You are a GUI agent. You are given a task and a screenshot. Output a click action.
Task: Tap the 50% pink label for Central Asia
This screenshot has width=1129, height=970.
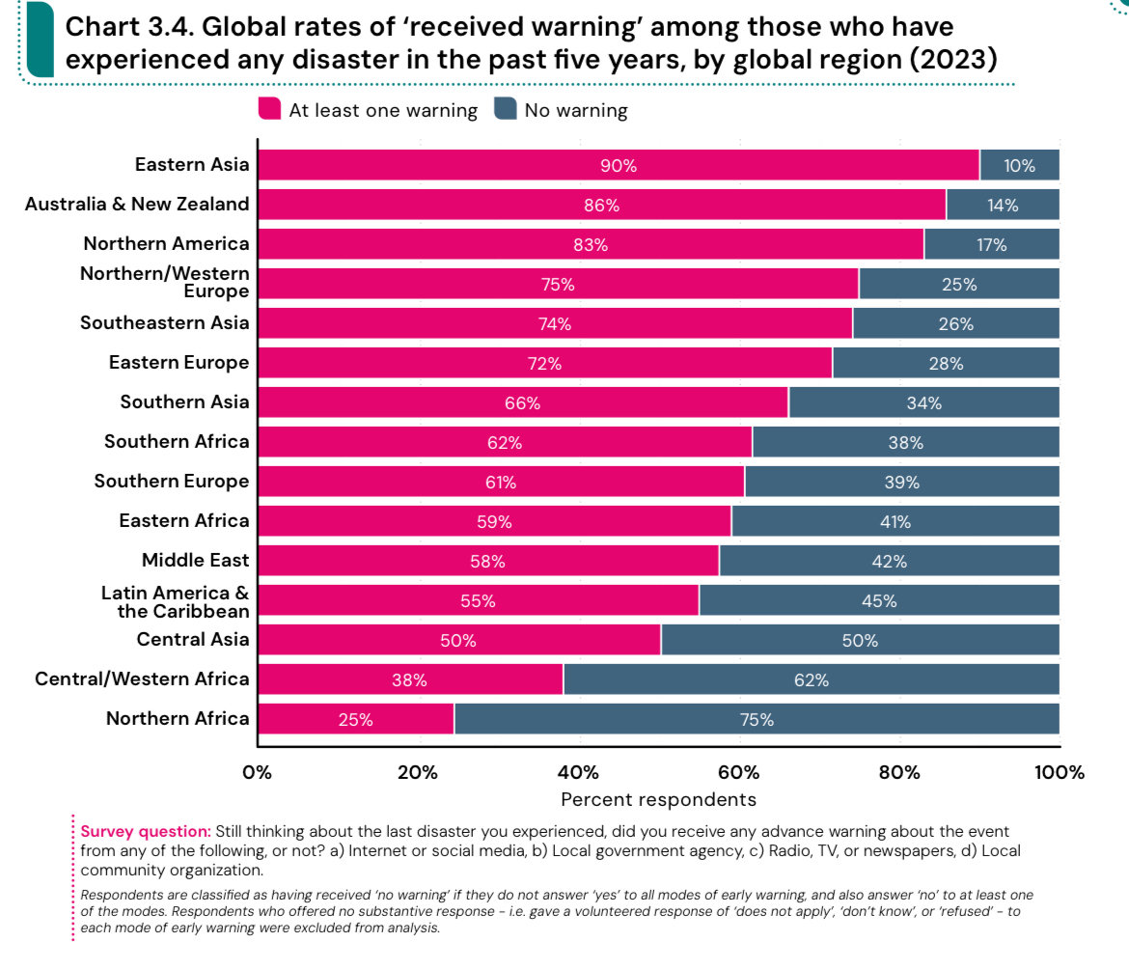coord(458,640)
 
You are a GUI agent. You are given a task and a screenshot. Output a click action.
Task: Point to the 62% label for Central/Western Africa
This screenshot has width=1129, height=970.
coord(812,679)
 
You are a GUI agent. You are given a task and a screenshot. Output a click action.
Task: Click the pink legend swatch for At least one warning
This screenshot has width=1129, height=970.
coord(269,109)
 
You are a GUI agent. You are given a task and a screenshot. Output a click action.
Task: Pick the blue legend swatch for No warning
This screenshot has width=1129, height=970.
coord(505,109)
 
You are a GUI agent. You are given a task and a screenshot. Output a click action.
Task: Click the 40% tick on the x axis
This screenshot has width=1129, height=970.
coord(578,772)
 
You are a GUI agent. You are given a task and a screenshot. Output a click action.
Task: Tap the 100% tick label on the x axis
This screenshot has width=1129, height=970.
coord(1060,772)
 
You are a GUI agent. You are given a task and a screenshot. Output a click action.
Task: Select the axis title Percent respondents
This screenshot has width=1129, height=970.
coord(658,799)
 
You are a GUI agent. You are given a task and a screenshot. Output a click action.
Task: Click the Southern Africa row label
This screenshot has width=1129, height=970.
coord(177,442)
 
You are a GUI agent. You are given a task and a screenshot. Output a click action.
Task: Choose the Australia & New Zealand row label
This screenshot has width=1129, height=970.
coord(137,204)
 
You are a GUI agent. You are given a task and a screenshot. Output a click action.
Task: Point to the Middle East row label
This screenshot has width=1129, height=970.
coord(195,561)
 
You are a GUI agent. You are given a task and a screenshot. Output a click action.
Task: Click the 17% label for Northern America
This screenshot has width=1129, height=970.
coord(991,244)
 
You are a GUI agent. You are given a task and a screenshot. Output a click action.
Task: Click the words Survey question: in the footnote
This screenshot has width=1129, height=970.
coord(146,831)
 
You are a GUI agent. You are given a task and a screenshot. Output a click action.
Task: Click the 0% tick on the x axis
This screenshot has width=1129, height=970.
coord(258,772)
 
